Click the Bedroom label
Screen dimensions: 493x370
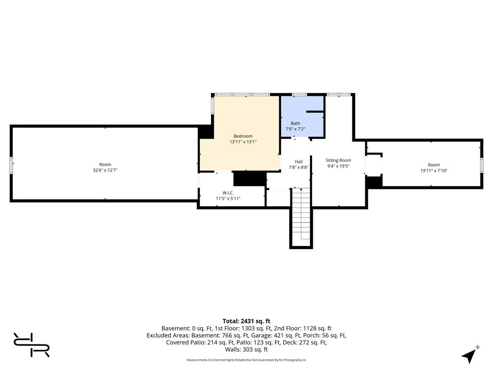pos(243,136)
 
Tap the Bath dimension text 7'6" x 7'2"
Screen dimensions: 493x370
pos(295,129)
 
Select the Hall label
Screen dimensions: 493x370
pos(298,161)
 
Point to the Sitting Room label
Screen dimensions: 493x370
pos(338,160)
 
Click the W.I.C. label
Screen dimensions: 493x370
pos(228,193)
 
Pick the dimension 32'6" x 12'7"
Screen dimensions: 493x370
pos(105,170)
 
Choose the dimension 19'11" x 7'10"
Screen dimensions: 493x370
pos(434,171)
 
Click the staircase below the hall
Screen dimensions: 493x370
pos(301,217)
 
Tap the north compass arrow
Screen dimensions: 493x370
pos(470,355)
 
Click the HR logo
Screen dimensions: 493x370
pos(31,344)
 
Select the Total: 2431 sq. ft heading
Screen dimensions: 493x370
pos(246,321)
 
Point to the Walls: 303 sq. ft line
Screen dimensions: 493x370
pos(246,349)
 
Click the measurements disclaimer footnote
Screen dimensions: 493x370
pos(246,360)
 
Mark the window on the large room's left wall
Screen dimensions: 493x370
pos(12,165)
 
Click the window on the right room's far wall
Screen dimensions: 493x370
pos(481,166)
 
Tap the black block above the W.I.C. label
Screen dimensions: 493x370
pos(250,179)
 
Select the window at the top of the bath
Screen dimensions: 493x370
pos(299,94)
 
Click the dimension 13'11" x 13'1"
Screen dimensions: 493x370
pos(243,142)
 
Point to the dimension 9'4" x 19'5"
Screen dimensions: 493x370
pos(338,166)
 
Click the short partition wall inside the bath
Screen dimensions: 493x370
pos(315,111)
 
